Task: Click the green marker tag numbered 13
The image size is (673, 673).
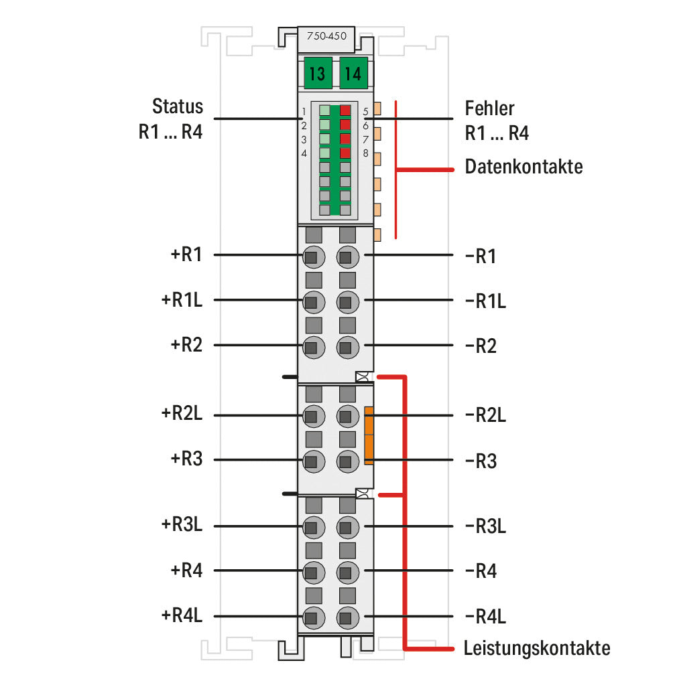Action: click(318, 73)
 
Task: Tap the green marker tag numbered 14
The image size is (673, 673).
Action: click(354, 73)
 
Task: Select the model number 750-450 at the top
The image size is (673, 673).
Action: click(326, 36)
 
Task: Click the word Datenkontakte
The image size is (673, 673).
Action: click(524, 167)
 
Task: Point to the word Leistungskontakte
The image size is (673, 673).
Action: click(537, 648)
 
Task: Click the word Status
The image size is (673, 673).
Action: click(178, 106)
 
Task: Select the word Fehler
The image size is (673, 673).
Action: click(489, 108)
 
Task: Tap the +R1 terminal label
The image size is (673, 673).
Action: click(186, 254)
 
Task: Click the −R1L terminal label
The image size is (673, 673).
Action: click(485, 301)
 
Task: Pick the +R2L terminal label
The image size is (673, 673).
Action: click(182, 413)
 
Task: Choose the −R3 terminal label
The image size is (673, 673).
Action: click(481, 461)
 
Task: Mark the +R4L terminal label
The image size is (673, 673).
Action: click(182, 615)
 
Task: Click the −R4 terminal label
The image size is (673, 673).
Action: click(481, 571)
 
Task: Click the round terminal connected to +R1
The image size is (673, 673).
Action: click(314, 256)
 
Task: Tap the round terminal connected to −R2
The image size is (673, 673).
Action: click(348, 347)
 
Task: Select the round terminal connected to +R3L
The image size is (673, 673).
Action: click(314, 527)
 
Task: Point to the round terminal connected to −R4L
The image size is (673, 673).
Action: click(348, 617)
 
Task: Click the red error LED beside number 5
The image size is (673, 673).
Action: click(345, 110)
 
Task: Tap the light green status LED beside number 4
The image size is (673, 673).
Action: click(324, 153)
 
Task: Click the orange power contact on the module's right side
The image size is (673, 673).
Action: click(369, 435)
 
